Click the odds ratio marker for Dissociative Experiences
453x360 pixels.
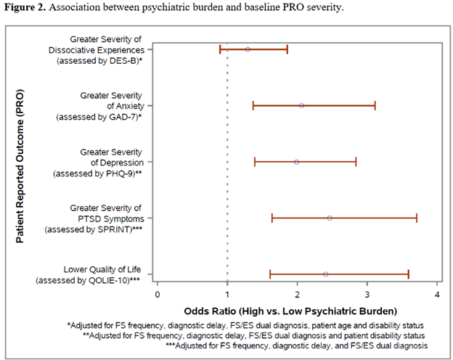pyautogui.click(x=248, y=49)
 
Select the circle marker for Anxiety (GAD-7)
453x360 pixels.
pyautogui.click(x=301, y=106)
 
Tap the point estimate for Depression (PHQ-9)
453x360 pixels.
pyautogui.click(x=296, y=162)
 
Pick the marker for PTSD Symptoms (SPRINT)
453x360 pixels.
pyautogui.click(x=329, y=218)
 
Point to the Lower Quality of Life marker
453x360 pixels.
pyautogui.click(x=325, y=274)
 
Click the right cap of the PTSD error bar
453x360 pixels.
pyautogui.click(x=417, y=218)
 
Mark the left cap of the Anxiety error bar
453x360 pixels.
pyautogui.click(x=253, y=106)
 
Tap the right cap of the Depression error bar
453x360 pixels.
pyautogui.click(x=356, y=162)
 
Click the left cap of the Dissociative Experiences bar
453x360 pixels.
pyautogui.click(x=220, y=49)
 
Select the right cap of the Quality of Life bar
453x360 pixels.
pyautogui.click(x=409, y=274)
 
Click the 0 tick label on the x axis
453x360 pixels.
pyautogui.click(x=158, y=294)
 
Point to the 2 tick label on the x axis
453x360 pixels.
pyautogui.click(x=298, y=294)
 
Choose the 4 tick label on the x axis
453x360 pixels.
pyautogui.click(x=438, y=294)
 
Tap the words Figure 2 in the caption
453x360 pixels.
pyautogui.click(x=25, y=9)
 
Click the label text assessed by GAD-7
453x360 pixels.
pyautogui.click(x=100, y=117)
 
